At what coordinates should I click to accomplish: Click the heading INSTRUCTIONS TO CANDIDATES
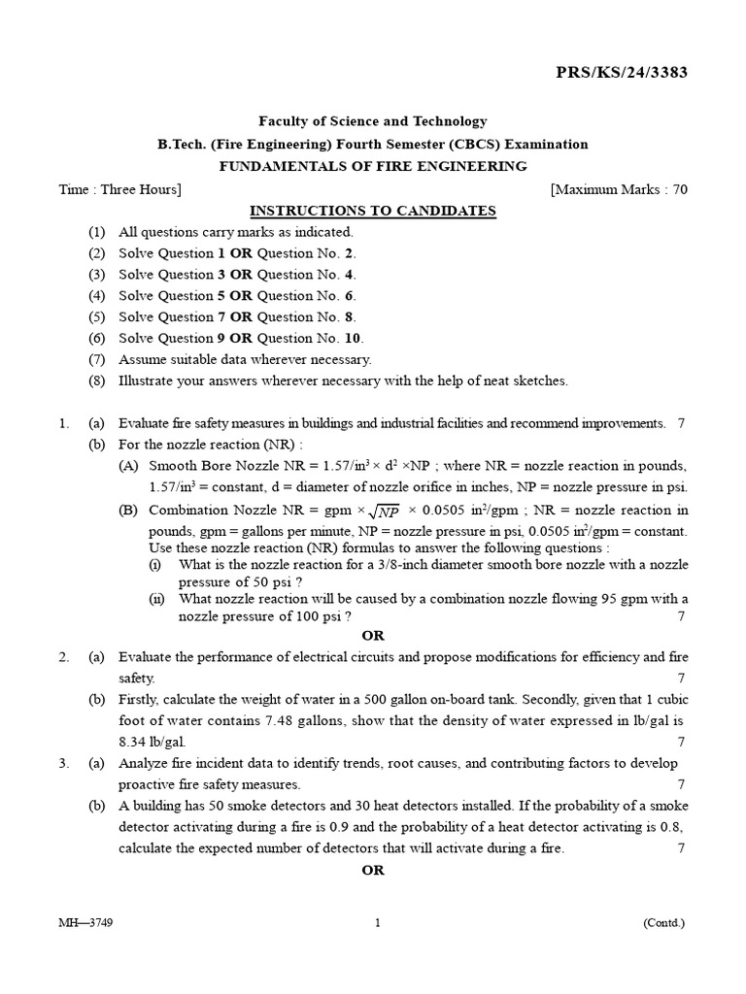click(x=373, y=211)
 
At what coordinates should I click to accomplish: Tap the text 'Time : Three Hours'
click(x=119, y=189)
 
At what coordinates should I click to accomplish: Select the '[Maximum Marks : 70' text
click(x=619, y=189)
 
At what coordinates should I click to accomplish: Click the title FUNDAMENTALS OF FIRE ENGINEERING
click(x=373, y=166)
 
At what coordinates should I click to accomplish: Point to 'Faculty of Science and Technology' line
click(x=373, y=121)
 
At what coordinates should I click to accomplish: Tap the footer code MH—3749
click(x=85, y=923)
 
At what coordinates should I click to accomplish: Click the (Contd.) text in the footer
click(x=664, y=923)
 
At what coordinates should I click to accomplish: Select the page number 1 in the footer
click(x=377, y=923)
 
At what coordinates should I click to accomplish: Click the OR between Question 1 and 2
click(x=373, y=636)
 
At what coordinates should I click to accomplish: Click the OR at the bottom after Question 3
click(x=373, y=870)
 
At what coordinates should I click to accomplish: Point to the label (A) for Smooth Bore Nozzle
click(x=129, y=465)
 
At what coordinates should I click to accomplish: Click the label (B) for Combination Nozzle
click(x=129, y=511)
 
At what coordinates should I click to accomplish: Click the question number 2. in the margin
click(x=63, y=657)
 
